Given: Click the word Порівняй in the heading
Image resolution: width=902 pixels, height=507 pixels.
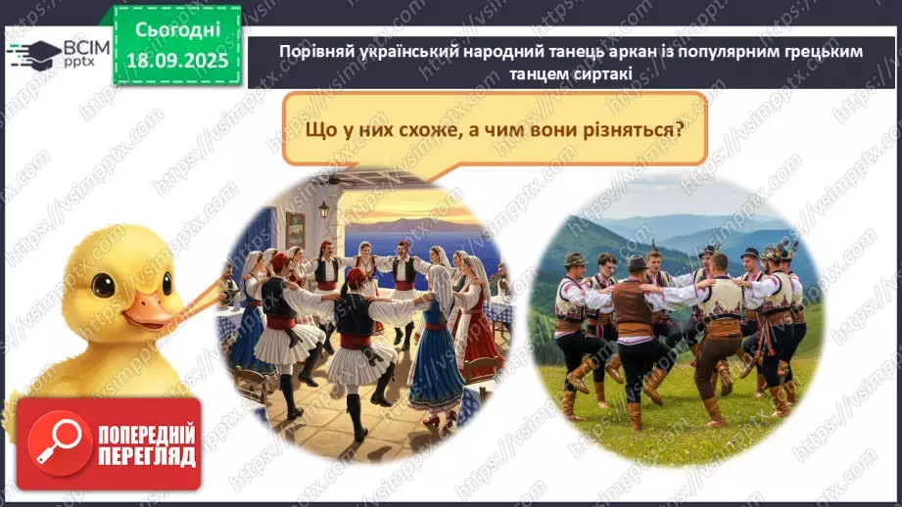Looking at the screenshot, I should (315, 52).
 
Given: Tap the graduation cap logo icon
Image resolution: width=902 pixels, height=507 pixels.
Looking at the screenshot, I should (32, 51).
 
